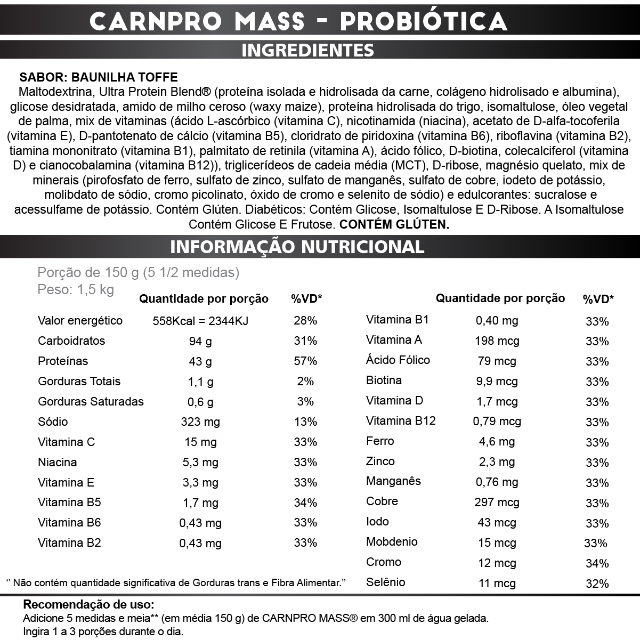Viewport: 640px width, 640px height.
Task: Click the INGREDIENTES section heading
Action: pyautogui.click(x=307, y=50)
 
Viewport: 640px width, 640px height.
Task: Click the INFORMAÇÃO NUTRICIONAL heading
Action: pyautogui.click(x=297, y=247)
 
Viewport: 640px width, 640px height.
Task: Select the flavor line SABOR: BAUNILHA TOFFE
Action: pyautogui.click(x=99, y=77)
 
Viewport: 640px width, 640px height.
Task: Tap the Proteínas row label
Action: pyautogui.click(x=63, y=361)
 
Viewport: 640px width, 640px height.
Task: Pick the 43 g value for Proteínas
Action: pyautogui.click(x=200, y=362)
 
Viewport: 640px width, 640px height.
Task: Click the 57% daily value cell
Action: pyautogui.click(x=305, y=361)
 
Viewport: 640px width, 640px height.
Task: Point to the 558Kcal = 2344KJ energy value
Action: pyautogui.click(x=200, y=321)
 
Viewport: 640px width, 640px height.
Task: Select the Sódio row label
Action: pyautogui.click(x=53, y=422)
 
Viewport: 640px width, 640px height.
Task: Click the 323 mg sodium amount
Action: pyautogui.click(x=200, y=422)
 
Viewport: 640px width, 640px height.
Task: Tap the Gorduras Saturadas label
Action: pyautogui.click(x=91, y=402)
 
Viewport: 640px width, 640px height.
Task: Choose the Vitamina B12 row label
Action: pyautogui.click(x=401, y=421)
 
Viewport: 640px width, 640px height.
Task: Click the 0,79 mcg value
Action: pyautogui.click(x=497, y=422)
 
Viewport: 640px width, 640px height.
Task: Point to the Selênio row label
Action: pyautogui.click(x=385, y=582)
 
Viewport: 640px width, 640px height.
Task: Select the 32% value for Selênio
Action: pyautogui.click(x=597, y=584)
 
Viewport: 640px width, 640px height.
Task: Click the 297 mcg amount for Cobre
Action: pyautogui.click(x=497, y=503)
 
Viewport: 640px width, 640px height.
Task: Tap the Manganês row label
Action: pyautogui.click(x=393, y=481)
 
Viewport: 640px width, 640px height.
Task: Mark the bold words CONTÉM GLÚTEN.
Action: pyautogui.click(x=394, y=224)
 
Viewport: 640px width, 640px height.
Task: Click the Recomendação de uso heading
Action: pyautogui.click(x=88, y=605)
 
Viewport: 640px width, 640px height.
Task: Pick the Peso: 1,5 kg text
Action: pyautogui.click(x=76, y=290)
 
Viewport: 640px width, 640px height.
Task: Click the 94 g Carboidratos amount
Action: pyautogui.click(x=200, y=342)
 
